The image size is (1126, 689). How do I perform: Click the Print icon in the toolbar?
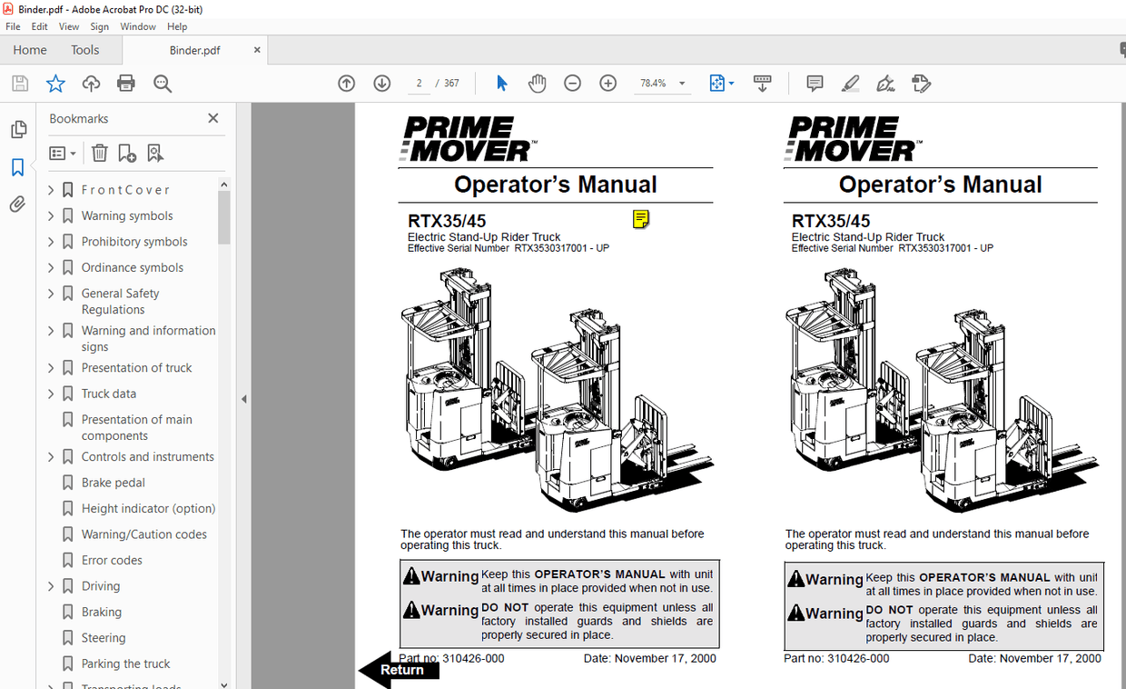tap(126, 84)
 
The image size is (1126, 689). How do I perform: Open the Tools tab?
tap(85, 50)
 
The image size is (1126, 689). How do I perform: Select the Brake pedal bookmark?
tap(113, 483)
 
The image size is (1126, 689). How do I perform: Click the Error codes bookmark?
tap(112, 560)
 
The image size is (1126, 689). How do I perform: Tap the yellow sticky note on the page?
tap(641, 219)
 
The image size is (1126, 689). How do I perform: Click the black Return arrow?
tap(398, 670)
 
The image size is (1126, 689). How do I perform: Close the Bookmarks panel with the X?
tap(213, 118)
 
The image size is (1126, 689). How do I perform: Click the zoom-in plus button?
tap(608, 84)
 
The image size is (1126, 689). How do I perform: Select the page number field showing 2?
tap(419, 84)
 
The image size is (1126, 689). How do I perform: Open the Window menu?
tap(138, 26)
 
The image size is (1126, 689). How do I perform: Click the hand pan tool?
tap(538, 84)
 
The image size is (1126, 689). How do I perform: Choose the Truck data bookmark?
tap(109, 394)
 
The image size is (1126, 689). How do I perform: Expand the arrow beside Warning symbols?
tap(51, 216)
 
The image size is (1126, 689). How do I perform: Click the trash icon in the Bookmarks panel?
tap(100, 154)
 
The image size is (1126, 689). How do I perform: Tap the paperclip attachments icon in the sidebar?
tap(18, 205)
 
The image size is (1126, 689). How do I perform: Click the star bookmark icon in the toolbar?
tap(55, 84)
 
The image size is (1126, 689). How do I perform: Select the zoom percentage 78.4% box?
tap(654, 84)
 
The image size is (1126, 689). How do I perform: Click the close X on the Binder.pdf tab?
tap(258, 50)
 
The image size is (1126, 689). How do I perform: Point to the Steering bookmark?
tap(104, 638)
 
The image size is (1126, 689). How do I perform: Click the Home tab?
tap(30, 50)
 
